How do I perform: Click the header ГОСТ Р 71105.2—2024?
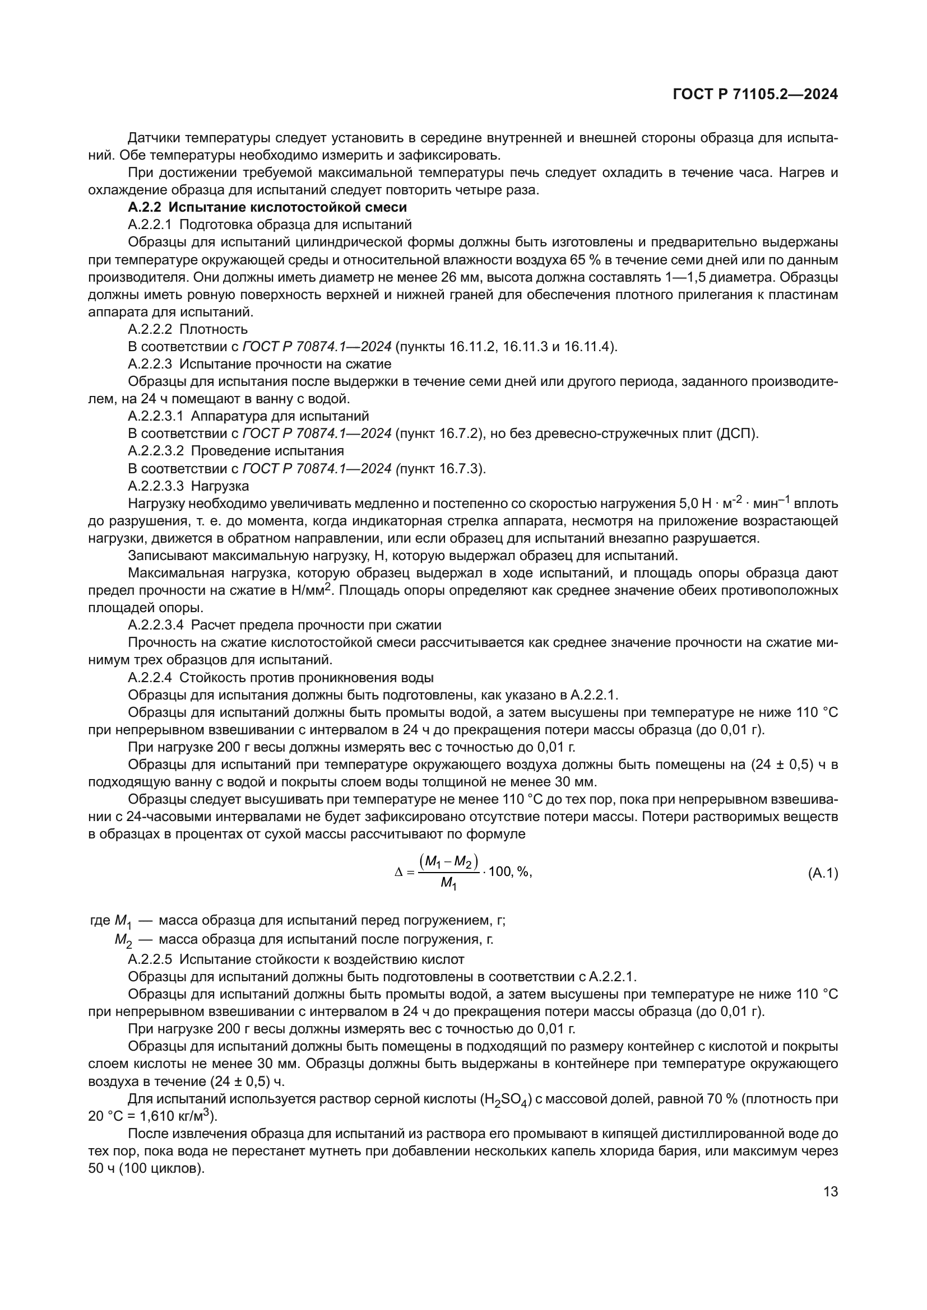point(755,94)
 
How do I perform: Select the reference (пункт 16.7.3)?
point(439,469)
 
